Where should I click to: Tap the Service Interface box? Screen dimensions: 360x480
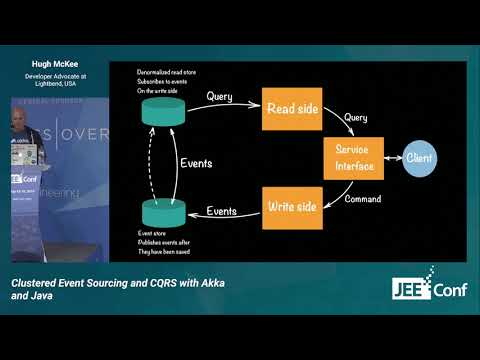pyautogui.click(x=348, y=158)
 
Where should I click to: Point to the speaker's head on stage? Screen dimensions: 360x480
pyautogui.click(x=22, y=121)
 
